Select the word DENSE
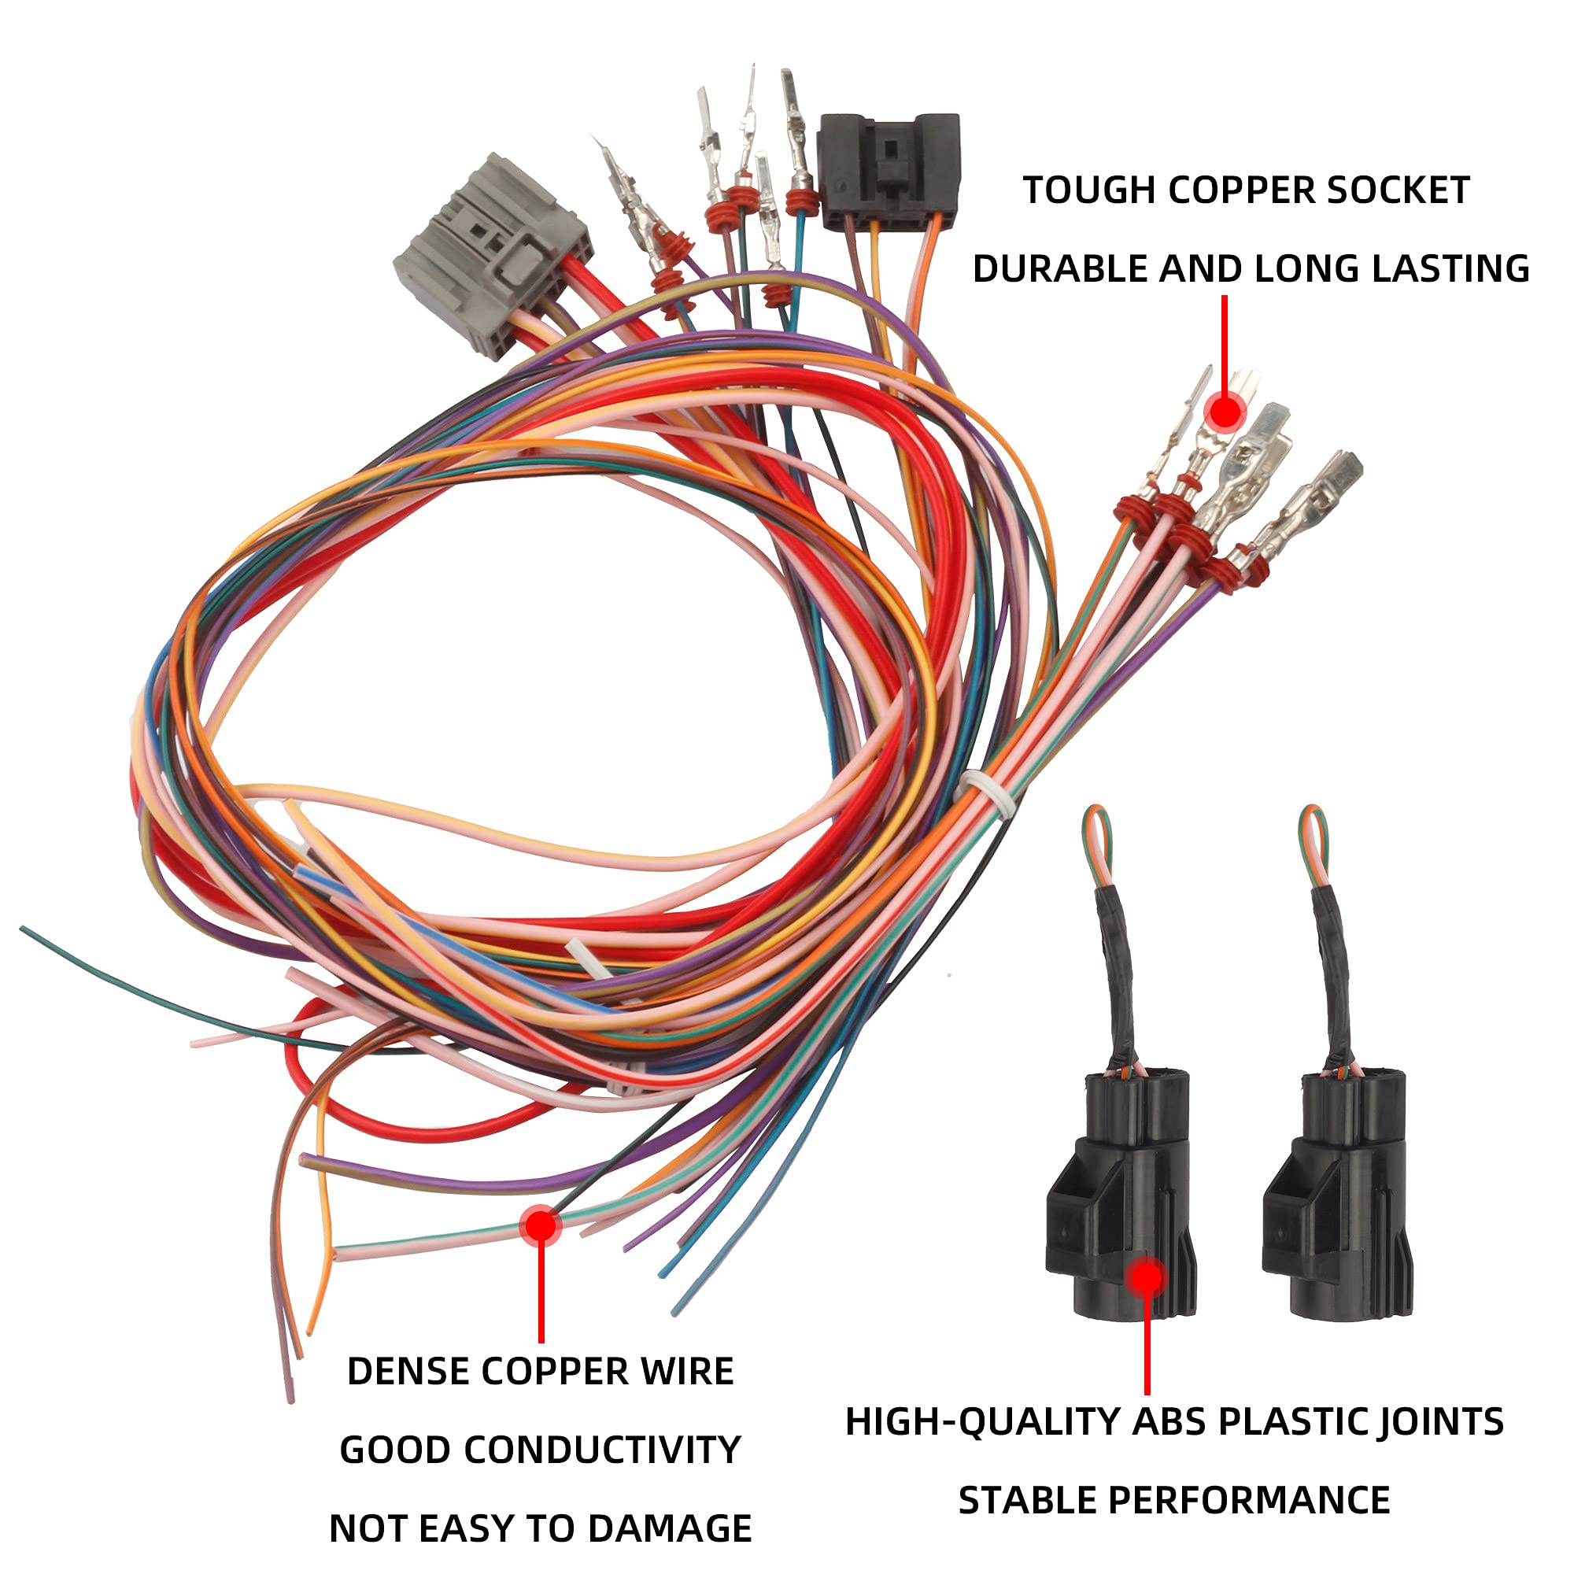408,1372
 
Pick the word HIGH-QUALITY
981,1422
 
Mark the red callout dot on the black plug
1147,1277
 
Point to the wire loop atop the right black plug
1313,843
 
